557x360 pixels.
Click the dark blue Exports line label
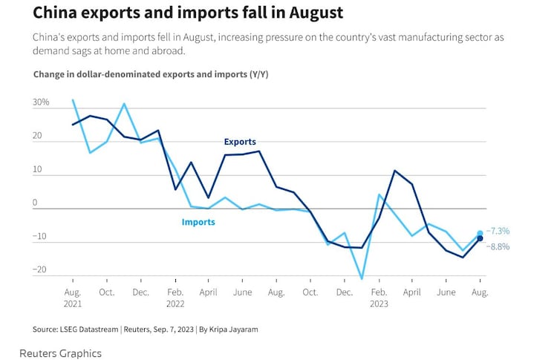pyautogui.click(x=240, y=142)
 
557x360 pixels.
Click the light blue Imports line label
pyautogui.click(x=198, y=222)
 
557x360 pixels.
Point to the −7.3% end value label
pyautogui.click(x=498, y=232)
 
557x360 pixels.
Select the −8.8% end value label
pyautogui.click(x=498, y=246)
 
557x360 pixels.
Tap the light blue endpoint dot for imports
pyautogui.click(x=481, y=233)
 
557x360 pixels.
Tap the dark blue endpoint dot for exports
pyautogui.click(x=481, y=238)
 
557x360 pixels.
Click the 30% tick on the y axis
pyautogui.click(x=40, y=102)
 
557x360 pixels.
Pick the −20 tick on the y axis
pyautogui.click(x=39, y=270)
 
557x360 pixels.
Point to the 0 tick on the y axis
pyautogui.click(x=45, y=203)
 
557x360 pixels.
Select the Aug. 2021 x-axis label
pyautogui.click(x=72, y=298)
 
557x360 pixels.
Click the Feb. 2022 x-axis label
pyautogui.click(x=175, y=298)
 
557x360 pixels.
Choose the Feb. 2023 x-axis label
pyautogui.click(x=379, y=298)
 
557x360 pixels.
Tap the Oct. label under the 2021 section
pyautogui.click(x=107, y=292)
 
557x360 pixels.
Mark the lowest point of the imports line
pyautogui.click(x=362, y=279)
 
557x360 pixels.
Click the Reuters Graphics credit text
pyautogui.click(x=60, y=353)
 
